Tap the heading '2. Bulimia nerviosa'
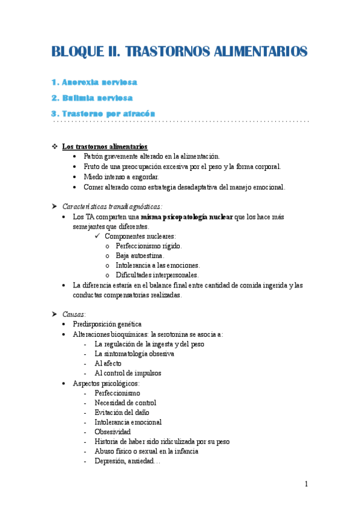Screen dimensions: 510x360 (x=92, y=97)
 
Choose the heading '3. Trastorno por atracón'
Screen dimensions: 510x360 (x=103, y=113)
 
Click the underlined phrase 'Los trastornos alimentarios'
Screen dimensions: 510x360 (x=105, y=147)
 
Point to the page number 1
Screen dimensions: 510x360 (x=306, y=484)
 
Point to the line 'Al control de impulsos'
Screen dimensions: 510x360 (x=128, y=373)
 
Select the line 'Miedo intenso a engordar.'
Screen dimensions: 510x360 (x=121, y=177)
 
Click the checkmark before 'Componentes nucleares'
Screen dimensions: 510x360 (x=99, y=236)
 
